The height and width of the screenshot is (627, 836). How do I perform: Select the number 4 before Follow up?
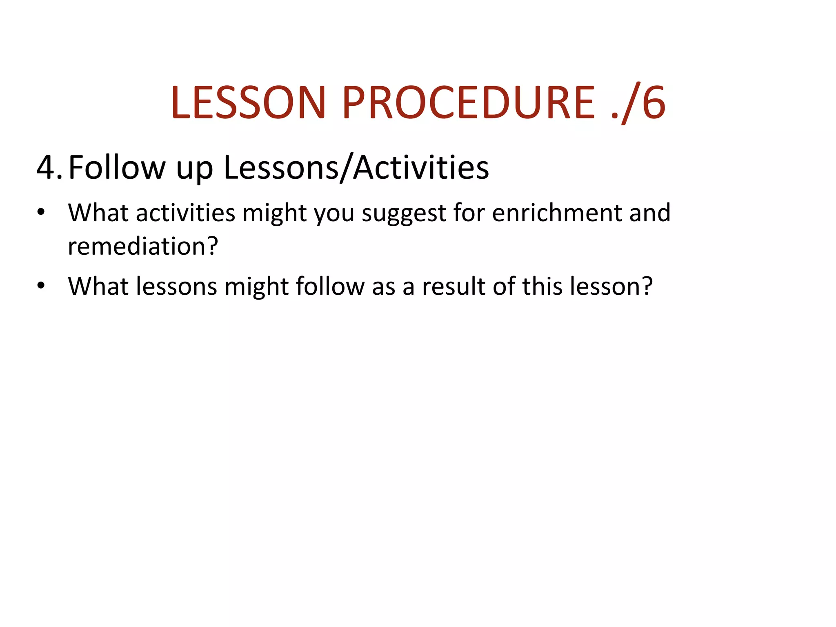47,168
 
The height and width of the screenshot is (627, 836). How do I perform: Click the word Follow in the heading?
117,168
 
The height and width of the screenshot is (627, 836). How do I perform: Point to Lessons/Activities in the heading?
356,168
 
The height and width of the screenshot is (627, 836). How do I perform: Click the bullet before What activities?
41,212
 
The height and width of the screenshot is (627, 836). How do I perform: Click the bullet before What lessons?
41,286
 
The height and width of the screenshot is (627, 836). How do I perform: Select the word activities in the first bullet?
186,213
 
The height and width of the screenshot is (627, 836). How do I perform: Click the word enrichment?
557,213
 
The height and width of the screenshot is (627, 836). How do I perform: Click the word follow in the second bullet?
330,287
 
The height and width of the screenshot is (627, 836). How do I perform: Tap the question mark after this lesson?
647,287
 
